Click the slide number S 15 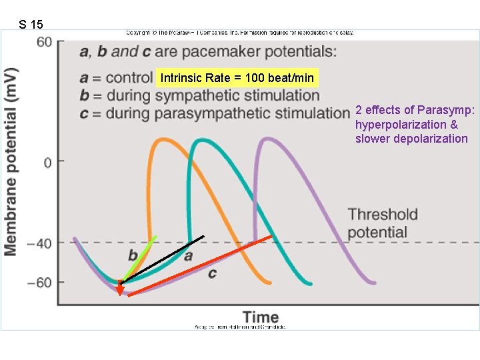tap(31, 25)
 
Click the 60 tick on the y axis tap(44, 42)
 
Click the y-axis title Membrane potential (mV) tap(11, 161)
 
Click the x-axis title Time tap(260, 317)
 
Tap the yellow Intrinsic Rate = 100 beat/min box tap(237, 78)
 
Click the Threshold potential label tap(382, 223)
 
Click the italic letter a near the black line tap(188, 255)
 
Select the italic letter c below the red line tap(212, 273)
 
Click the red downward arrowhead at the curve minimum tap(119, 289)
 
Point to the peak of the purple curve tap(268, 139)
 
